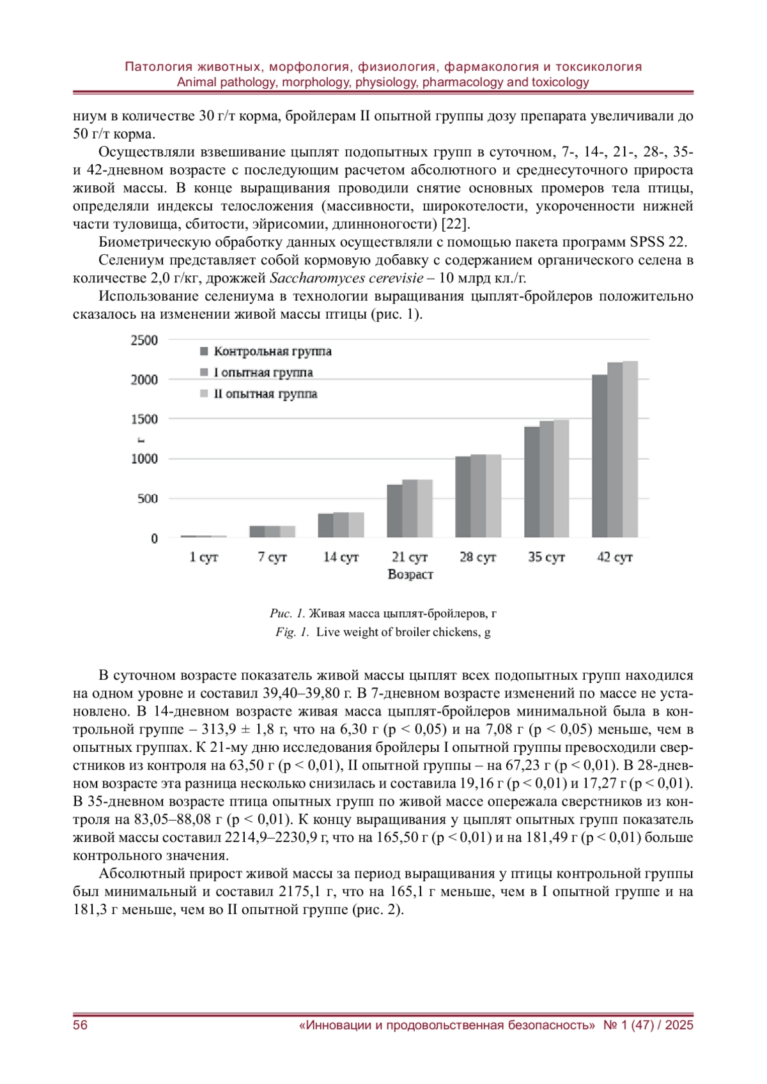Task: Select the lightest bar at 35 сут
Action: pyautogui.click(x=561, y=478)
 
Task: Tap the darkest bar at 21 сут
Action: pyautogui.click(x=394, y=511)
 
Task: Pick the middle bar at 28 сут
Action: pyautogui.click(x=478, y=496)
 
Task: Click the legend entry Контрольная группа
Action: pyautogui.click(x=272, y=351)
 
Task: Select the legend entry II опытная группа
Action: pyautogui.click(x=265, y=393)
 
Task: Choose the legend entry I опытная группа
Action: pyautogui.click(x=263, y=372)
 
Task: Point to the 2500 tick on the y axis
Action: pyautogui.click(x=144, y=340)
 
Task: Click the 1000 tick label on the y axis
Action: pyautogui.click(x=144, y=459)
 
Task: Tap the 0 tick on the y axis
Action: pyautogui.click(x=154, y=538)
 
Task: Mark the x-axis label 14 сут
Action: pyautogui.click(x=341, y=557)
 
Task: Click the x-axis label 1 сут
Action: pyautogui.click(x=204, y=557)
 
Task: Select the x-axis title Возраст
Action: pyautogui.click(x=410, y=574)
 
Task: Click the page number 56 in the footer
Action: pyautogui.click(x=81, y=1025)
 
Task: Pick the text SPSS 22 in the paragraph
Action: pyautogui.click(x=658, y=242)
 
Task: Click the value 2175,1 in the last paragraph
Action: pyautogui.click(x=300, y=891)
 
